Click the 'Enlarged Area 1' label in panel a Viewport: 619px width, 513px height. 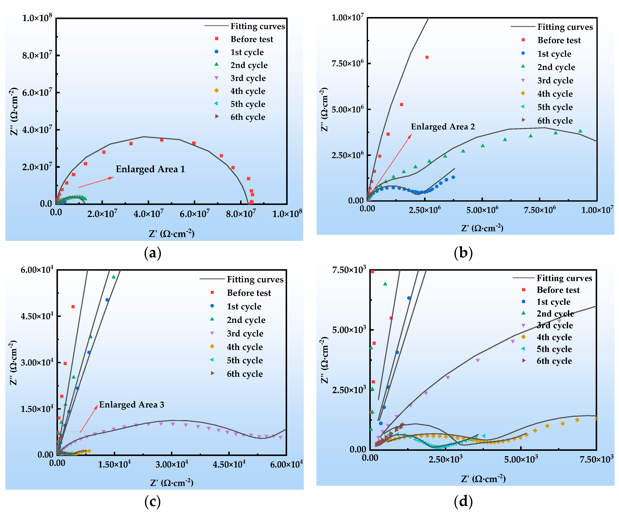[x=150, y=169]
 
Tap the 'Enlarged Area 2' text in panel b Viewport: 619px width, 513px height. [x=443, y=127]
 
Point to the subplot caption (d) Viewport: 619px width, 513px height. [x=463, y=501]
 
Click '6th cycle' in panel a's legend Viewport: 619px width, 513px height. [x=248, y=117]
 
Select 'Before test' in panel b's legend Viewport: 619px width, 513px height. [x=559, y=40]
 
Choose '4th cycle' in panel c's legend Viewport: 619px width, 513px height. [x=245, y=347]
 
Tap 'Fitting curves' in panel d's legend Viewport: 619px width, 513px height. [x=564, y=278]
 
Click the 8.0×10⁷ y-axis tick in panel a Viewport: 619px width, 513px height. [x=37, y=55]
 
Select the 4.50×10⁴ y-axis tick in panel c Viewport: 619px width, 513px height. [x=37, y=316]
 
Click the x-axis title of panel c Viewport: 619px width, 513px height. [x=172, y=483]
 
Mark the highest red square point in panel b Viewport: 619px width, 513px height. [x=427, y=57]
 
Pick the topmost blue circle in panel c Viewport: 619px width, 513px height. [x=107, y=300]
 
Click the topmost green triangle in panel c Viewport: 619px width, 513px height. [x=113, y=277]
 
